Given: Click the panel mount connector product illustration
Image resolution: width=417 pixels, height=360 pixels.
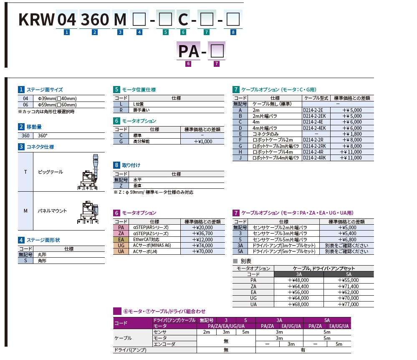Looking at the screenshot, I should pos(88,213).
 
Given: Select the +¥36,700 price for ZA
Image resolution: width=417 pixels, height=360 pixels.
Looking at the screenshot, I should pos(202,233).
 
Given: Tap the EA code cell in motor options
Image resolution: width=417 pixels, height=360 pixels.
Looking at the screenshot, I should pos(121,240).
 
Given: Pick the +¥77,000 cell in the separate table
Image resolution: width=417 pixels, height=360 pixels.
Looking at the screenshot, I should pos(349,305).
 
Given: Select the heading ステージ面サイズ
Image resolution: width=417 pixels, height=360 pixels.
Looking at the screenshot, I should pos(45,89).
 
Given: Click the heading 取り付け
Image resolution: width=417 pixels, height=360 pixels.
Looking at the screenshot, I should pos(130,165).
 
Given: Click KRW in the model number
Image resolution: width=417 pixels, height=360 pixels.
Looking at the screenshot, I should pos(37,19).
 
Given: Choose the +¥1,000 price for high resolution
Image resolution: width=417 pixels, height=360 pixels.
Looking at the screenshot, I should pos(202,142).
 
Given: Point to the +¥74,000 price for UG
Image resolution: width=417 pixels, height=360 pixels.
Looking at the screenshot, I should pos(202,246).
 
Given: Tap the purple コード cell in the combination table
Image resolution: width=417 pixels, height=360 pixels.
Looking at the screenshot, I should pos(131,323).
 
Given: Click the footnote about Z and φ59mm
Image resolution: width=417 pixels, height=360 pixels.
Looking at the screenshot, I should pos(154,192).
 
